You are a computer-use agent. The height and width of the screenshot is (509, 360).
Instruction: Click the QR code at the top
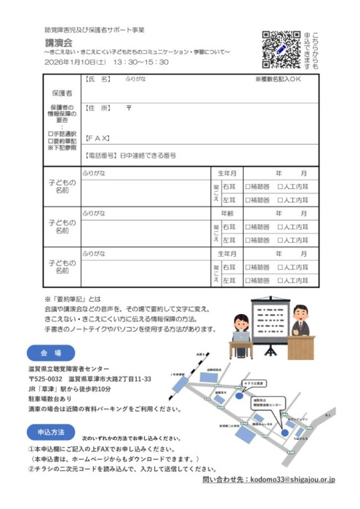click(280, 47)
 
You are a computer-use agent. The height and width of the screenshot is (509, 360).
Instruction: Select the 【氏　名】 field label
click(98, 79)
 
